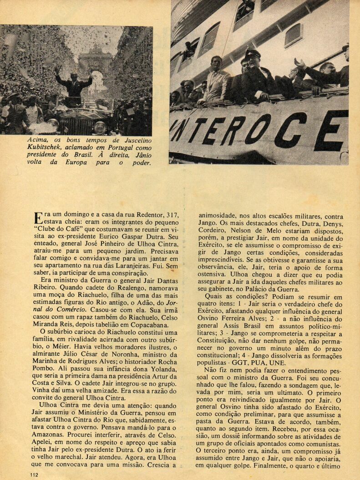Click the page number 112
tap(32, 475)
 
